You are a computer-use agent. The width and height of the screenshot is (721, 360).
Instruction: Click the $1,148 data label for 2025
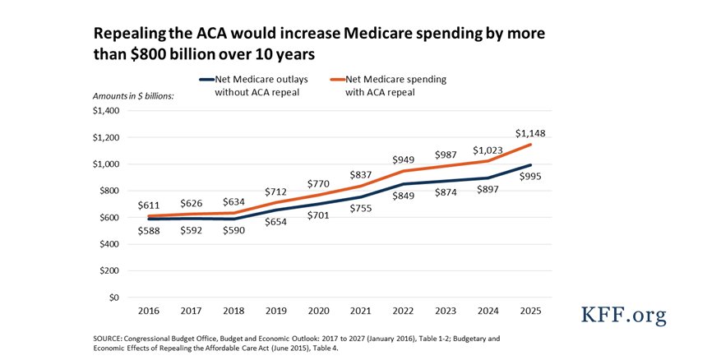tap(529, 132)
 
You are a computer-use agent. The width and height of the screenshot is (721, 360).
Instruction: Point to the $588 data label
tap(148, 232)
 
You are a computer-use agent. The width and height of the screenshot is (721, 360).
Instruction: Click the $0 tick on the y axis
tap(113, 297)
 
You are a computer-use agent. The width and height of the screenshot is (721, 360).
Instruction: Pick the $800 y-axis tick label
tap(109, 191)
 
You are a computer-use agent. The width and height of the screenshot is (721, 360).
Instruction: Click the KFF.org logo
tap(624, 316)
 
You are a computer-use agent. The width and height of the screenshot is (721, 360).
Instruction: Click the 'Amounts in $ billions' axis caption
tap(127, 96)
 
